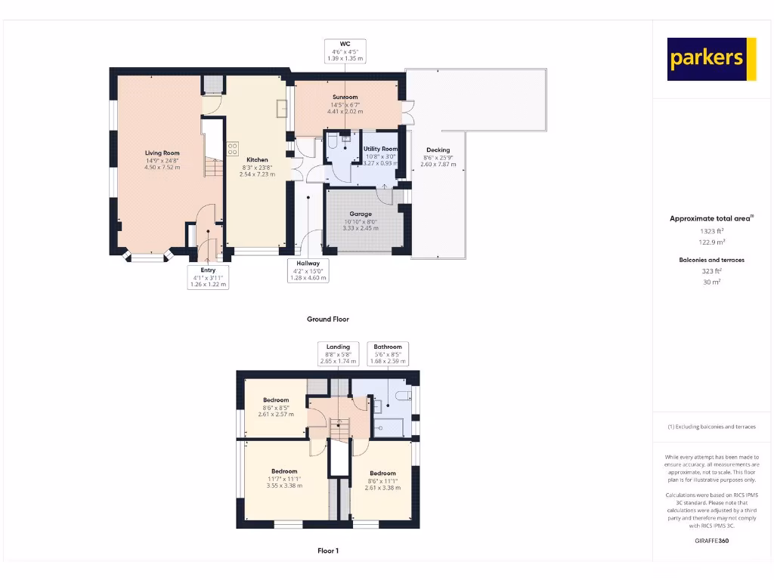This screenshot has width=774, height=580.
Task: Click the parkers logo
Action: pos(711,59)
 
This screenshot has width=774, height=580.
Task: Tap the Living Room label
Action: pos(162,153)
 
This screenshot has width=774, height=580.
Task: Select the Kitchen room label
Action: pos(257,160)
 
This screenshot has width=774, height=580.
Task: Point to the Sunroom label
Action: pos(345,97)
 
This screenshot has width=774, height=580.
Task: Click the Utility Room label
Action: pos(379,150)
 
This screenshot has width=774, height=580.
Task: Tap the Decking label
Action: pos(438,150)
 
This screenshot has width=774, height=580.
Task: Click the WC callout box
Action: pos(345,50)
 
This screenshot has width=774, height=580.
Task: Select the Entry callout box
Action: pos(208,277)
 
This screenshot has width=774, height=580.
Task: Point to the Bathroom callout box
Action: pos(389,353)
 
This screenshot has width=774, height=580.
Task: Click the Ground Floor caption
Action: pos(328,319)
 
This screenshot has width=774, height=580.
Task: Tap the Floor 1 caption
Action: pos(328,551)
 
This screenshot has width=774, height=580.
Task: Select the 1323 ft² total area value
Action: pos(711,231)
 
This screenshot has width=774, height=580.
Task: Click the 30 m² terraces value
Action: pos(711,282)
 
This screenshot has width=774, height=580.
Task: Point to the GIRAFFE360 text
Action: pos(711,541)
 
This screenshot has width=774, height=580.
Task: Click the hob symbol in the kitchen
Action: pos(233,148)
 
